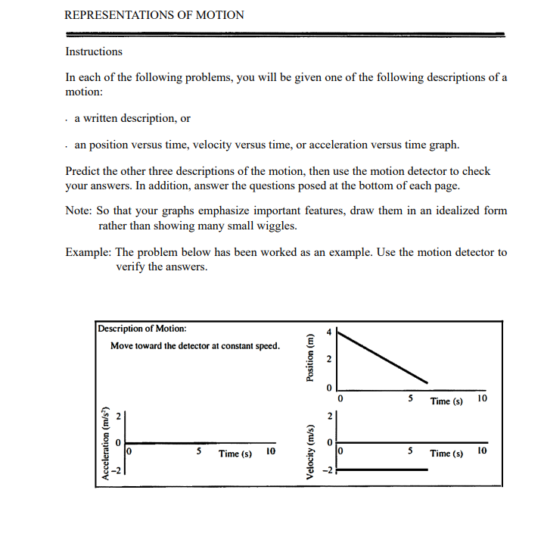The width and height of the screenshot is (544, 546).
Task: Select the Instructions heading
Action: pos(94,51)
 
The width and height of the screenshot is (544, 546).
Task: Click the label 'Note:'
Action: pos(80,211)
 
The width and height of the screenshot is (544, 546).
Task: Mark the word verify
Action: pos(131,267)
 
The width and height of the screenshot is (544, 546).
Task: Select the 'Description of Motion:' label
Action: pos(143,329)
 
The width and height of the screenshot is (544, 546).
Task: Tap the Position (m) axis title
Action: pos(308,359)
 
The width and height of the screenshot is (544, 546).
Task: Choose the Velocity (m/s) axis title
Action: pos(308,446)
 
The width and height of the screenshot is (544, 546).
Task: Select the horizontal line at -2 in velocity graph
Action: pos(382,470)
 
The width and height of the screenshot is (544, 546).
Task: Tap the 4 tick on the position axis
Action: pos(328,331)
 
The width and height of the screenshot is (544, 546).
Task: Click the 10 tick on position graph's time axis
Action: pos(482,398)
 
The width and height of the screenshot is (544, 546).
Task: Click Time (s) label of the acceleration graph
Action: pos(235,454)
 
